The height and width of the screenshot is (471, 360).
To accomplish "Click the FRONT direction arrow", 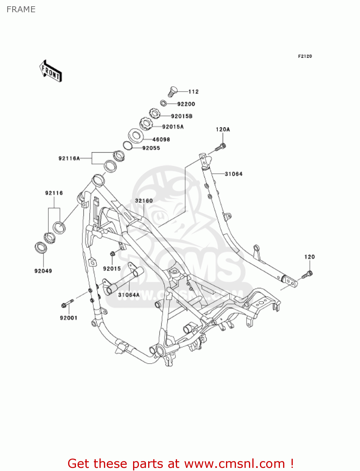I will [50, 71].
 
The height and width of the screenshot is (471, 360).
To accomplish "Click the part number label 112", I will [193, 92].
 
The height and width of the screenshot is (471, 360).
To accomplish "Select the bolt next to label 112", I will [172, 91].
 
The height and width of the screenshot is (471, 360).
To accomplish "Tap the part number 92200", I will [186, 104].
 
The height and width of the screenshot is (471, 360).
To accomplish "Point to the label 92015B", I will [182, 116].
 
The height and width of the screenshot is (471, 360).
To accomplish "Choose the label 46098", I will [161, 139].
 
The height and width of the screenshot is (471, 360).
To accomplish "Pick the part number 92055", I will [151, 148].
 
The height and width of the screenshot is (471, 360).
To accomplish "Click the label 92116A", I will [69, 158].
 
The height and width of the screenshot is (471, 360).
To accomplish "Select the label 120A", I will [223, 129].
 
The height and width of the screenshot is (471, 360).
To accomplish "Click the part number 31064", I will [234, 174].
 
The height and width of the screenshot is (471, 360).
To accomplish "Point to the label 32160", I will [144, 201].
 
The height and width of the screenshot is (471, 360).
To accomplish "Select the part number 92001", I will [68, 318].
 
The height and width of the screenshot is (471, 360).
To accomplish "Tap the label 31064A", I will [129, 295].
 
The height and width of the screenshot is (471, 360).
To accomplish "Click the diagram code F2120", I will [305, 56].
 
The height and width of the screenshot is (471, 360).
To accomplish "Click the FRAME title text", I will [21, 9].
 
